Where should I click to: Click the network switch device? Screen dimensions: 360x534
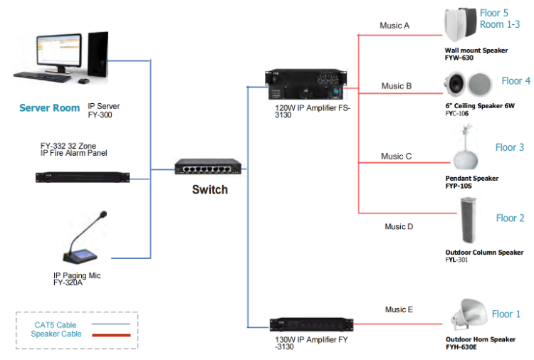point(209,168)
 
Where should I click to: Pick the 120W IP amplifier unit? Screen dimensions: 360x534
point(308,85)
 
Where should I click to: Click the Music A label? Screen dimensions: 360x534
point(394,26)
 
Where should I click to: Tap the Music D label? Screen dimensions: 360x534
point(399,227)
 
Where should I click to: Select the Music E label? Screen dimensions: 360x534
point(399,309)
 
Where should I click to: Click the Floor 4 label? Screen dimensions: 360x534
point(515,81)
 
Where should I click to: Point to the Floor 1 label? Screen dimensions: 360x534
point(506,314)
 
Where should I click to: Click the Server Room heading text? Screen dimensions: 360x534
point(49,108)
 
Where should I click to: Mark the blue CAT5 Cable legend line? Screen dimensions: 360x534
point(110,324)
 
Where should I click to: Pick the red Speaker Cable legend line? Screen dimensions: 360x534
point(110,334)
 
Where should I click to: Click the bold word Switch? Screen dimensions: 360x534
point(210,190)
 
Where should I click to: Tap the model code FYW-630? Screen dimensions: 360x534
point(459,58)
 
